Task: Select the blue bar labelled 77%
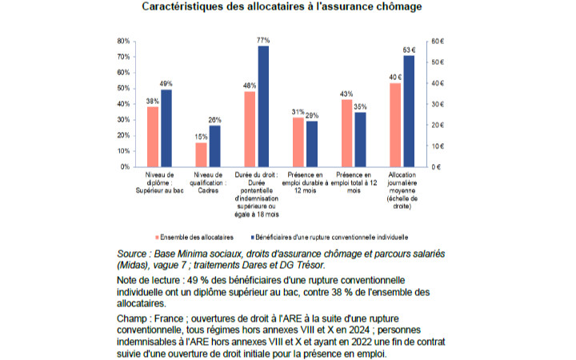coord(263,106)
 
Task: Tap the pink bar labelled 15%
coord(201,154)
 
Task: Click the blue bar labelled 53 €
coord(409,111)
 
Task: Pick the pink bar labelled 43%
coord(346,134)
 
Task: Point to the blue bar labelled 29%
coord(312,144)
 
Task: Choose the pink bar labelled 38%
coord(153,137)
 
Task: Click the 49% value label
coord(166,84)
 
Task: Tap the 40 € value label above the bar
coord(395,77)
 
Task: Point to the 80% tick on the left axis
coord(123,41)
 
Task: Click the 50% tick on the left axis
coord(123,89)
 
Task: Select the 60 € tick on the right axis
coord(438,41)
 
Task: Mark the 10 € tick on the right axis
coord(438,146)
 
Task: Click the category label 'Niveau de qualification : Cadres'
coord(208,182)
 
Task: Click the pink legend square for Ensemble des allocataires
coord(158,238)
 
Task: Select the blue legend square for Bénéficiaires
coord(252,238)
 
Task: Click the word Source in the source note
coord(131,254)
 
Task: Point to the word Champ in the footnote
coord(131,319)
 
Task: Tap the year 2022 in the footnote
coord(362,342)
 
